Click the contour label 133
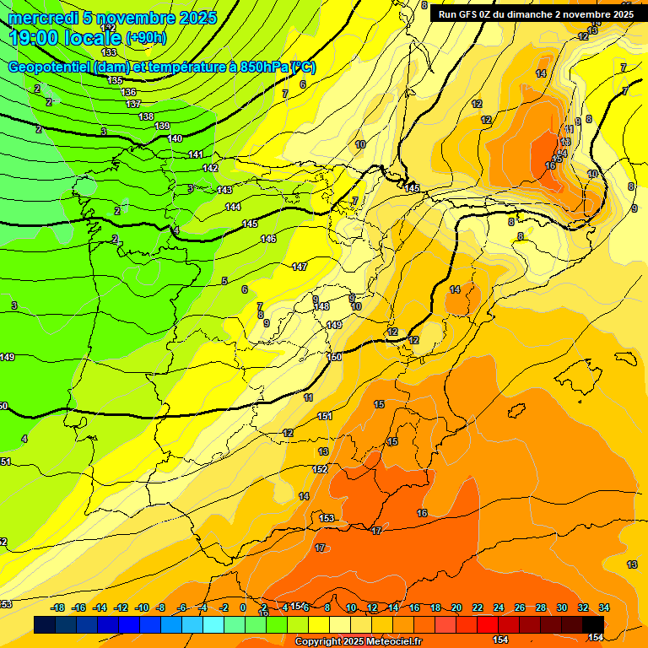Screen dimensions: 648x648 pos(109,52)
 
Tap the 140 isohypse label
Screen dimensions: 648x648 pos(175,138)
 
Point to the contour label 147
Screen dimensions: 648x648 pos(300,267)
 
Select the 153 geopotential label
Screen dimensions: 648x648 pos(327,518)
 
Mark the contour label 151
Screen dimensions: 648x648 pos(325,416)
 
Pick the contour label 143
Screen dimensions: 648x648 pos(224,190)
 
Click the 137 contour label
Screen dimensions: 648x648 pos(133,104)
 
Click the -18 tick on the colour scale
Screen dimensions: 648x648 pos(58,607)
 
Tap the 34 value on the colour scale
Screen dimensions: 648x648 pos(603,607)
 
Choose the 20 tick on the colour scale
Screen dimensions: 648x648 pos(456,607)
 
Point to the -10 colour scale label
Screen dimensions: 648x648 pos(143,607)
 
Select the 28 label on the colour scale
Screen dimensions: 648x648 pos(541,607)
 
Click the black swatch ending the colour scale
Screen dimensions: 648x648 pos(593,624)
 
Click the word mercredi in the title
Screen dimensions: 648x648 pos(39,18)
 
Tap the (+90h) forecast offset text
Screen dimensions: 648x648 pos(146,37)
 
